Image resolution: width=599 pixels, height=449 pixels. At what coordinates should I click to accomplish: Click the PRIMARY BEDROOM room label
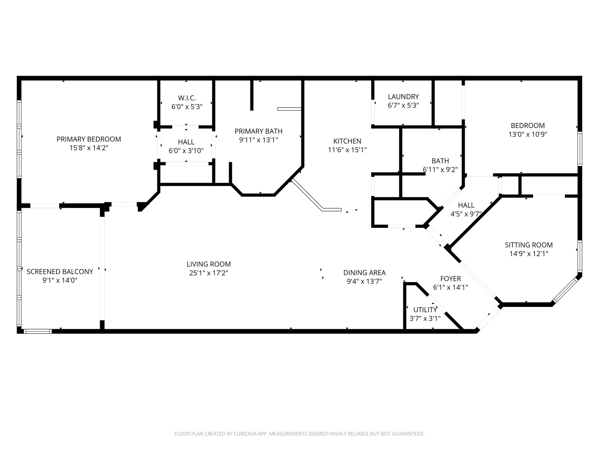[89, 139]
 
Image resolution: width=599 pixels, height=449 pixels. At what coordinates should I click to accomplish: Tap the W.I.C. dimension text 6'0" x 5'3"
[187, 107]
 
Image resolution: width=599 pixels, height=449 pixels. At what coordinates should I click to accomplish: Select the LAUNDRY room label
[403, 96]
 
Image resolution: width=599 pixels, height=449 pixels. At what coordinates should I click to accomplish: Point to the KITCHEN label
[347, 141]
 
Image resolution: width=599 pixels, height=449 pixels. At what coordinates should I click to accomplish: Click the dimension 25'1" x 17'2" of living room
[209, 273]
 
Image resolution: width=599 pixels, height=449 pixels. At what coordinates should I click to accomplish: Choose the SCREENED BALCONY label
[60, 272]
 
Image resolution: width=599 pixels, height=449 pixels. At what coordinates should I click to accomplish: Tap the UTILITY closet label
[425, 310]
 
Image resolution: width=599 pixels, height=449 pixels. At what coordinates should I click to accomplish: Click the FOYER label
[450, 279]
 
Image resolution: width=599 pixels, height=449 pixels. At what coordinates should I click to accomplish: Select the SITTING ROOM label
[529, 245]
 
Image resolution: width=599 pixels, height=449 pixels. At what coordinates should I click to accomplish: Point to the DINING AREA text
[364, 273]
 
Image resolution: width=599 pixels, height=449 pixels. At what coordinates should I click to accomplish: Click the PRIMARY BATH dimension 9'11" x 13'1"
[258, 140]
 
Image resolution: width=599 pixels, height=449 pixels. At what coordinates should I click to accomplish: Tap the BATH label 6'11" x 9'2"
[440, 170]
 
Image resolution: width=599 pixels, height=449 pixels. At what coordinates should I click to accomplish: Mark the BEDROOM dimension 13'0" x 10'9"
[528, 134]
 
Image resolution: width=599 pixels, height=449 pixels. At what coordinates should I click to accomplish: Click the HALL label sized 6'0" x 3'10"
[186, 142]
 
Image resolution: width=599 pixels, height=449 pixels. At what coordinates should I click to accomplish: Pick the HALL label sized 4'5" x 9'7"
[466, 205]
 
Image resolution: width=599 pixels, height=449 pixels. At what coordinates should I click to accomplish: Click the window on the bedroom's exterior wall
[580, 149]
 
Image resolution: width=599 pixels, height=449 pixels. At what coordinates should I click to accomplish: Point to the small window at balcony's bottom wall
[37, 331]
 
